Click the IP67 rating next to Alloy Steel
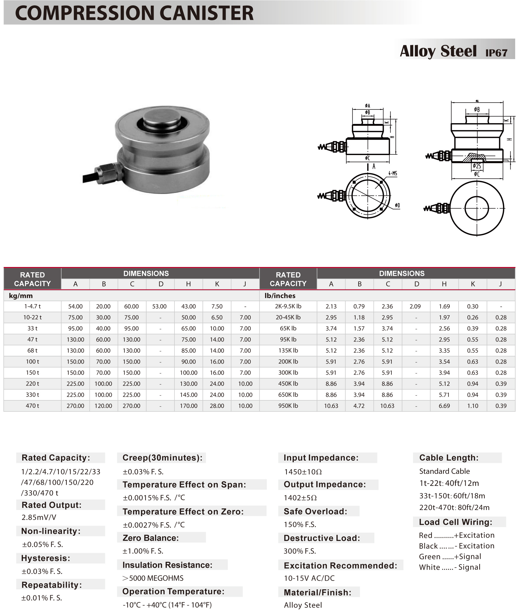tap(496, 53)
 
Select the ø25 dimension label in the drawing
tap(477, 166)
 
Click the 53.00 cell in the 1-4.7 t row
tap(159, 306)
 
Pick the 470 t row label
tap(32, 405)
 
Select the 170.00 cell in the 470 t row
tap(188, 405)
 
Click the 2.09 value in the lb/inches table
tap(415, 306)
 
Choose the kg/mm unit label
tap(21, 296)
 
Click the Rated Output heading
tap(51, 505)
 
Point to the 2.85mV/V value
tap(38, 517)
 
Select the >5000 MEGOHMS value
tap(153, 578)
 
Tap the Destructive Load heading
tap(322, 538)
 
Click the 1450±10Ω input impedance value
tap(303, 472)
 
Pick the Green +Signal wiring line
tap(450, 556)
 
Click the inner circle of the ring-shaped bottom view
tap(477, 208)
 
